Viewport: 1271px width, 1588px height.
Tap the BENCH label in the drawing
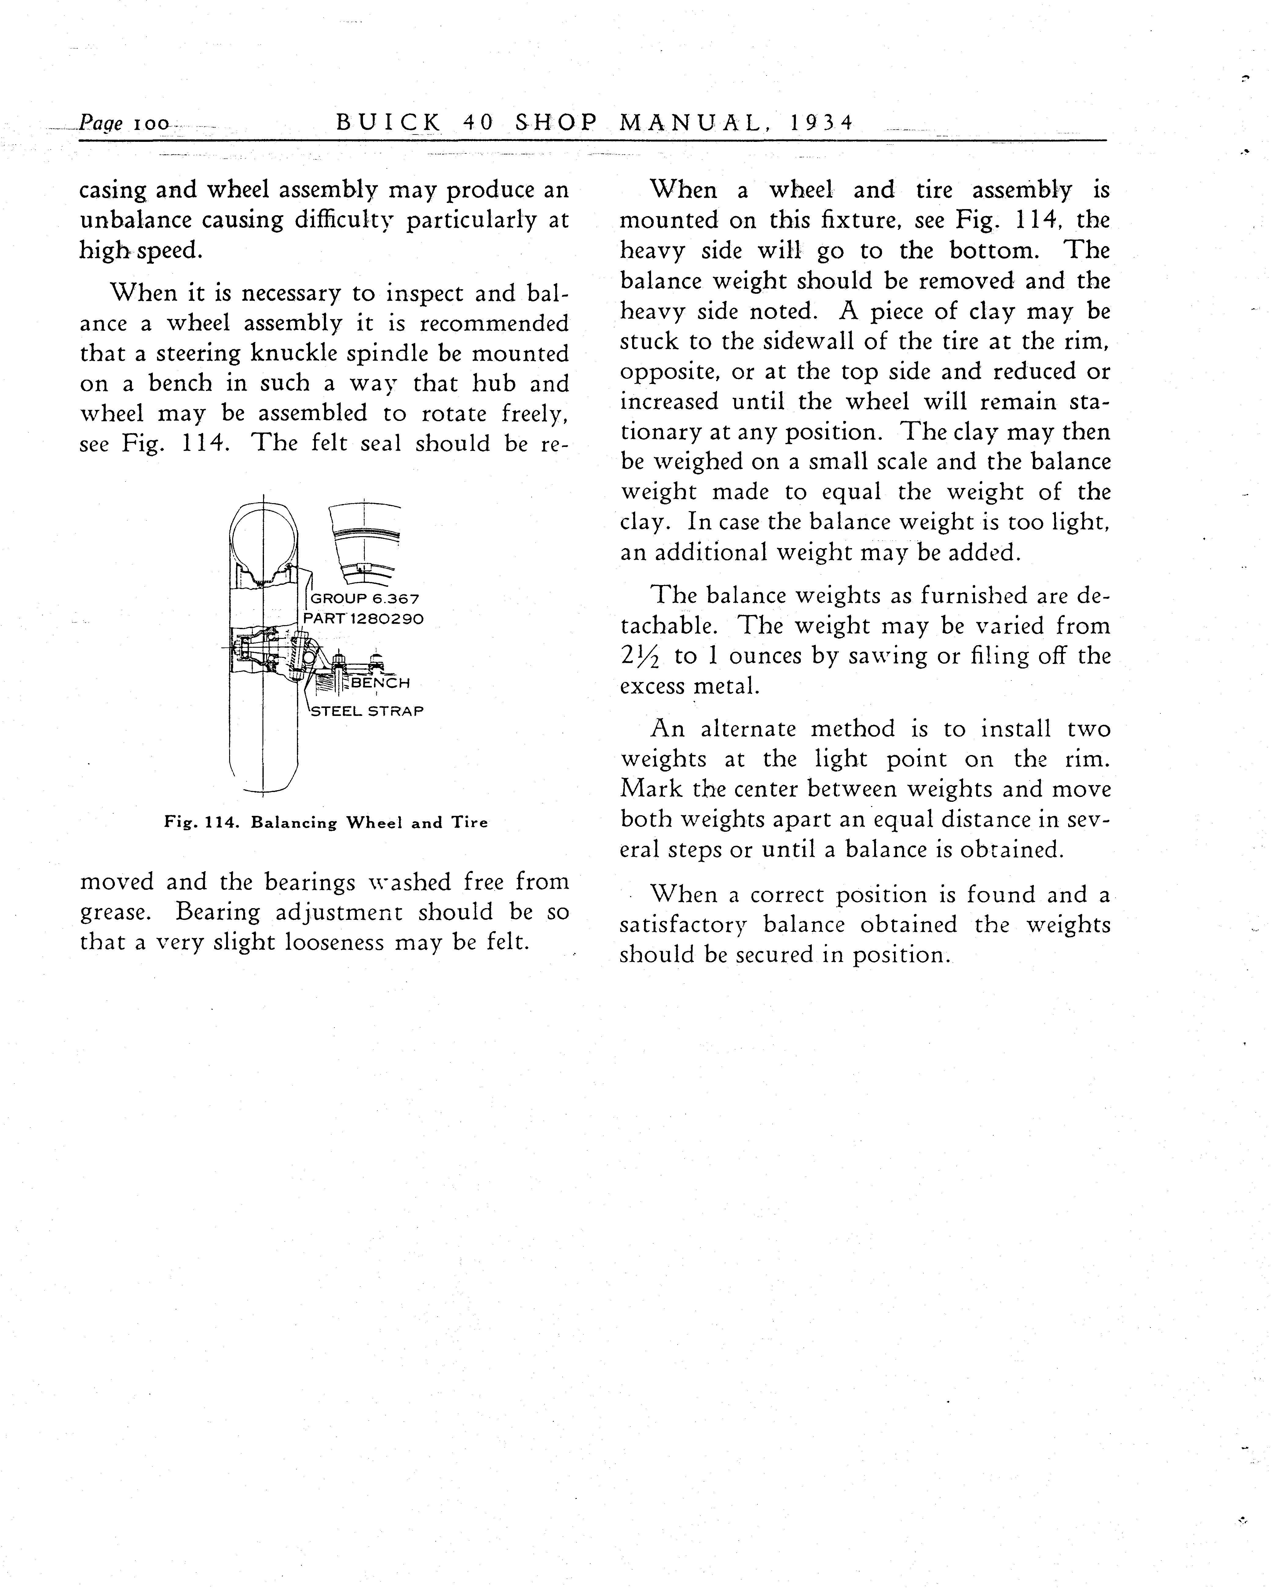pyautogui.click(x=381, y=683)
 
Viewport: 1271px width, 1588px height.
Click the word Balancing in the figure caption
pyautogui.click(x=293, y=823)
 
